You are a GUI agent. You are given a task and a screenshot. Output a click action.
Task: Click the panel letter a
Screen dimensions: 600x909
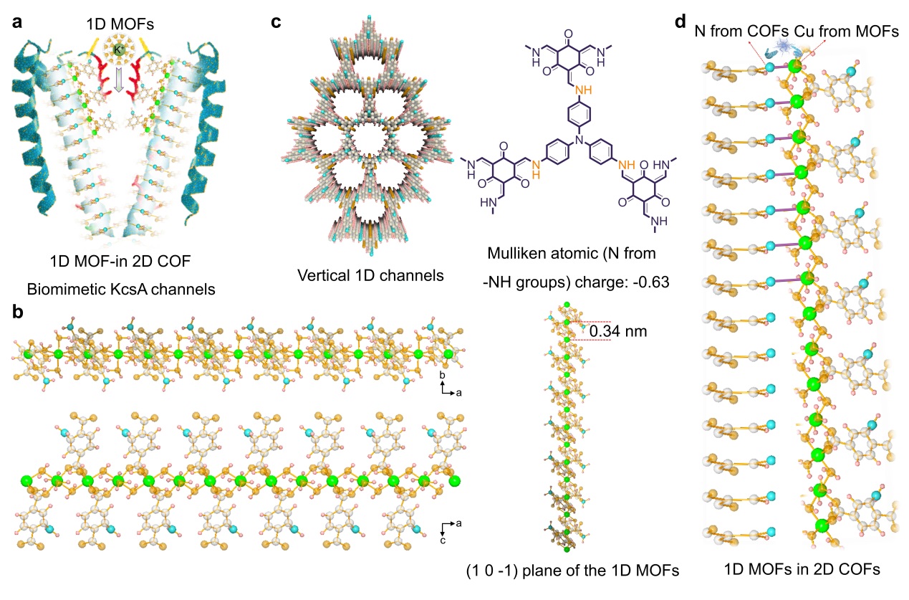(16, 22)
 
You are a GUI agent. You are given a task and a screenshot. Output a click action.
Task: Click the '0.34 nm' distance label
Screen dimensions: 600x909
(614, 332)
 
